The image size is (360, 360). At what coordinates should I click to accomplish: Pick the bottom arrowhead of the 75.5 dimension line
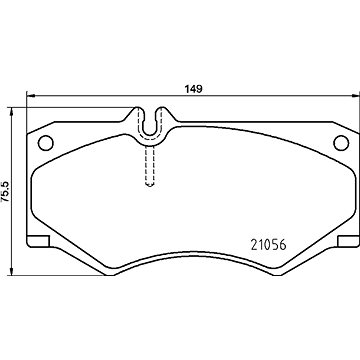coord(12,273)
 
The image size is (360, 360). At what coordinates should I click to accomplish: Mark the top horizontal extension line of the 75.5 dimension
coord(60,106)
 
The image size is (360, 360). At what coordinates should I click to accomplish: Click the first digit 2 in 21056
coord(250,241)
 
